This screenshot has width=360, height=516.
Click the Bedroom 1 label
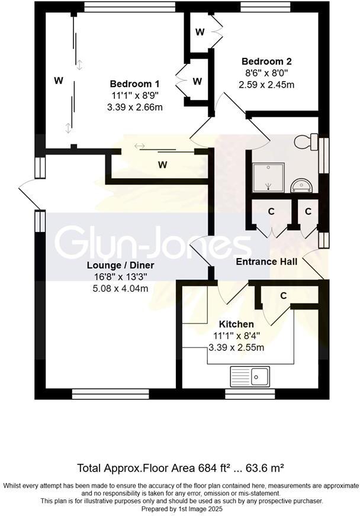click(134, 83)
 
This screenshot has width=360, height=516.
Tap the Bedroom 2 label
click(266, 61)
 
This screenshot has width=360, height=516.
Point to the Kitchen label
click(236, 324)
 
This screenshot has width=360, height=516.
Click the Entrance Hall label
click(266, 262)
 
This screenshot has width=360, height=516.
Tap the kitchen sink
click(249, 375)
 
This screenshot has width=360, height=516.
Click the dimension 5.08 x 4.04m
click(120, 288)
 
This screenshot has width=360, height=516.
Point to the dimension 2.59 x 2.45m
click(266, 85)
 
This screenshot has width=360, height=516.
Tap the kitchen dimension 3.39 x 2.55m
click(236, 347)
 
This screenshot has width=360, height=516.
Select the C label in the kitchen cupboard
click(284, 295)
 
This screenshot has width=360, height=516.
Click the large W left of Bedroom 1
click(58, 81)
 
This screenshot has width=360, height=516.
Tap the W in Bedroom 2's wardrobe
click(200, 31)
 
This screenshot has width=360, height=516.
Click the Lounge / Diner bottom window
click(110, 393)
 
